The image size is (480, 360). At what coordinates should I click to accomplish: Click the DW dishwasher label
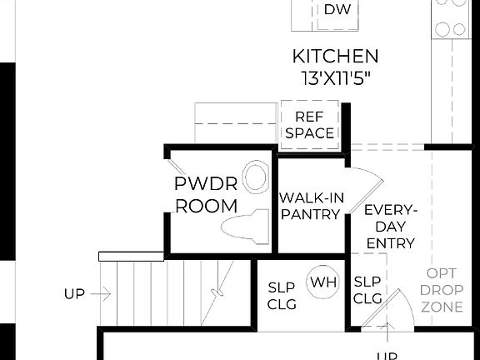click(x=337, y=10)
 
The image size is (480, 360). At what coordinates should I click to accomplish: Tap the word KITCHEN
click(x=335, y=57)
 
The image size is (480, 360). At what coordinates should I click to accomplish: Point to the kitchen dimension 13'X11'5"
click(x=335, y=78)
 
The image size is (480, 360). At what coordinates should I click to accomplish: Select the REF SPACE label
click(x=309, y=125)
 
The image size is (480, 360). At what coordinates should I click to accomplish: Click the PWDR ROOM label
click(x=206, y=195)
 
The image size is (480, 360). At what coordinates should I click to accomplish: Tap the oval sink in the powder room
click(x=257, y=177)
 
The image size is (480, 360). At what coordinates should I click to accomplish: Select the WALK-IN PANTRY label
click(x=310, y=206)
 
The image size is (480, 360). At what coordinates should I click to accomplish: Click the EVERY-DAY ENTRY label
click(x=390, y=226)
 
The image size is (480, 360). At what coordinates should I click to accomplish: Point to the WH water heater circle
click(x=322, y=282)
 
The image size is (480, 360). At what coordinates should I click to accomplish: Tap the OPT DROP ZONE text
click(x=442, y=290)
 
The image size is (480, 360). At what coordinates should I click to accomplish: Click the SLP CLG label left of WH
click(x=282, y=295)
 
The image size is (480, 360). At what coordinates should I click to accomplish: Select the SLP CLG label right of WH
click(x=367, y=289)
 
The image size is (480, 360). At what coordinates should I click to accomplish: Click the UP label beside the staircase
click(x=74, y=293)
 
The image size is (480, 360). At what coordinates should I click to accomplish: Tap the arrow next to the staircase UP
click(x=102, y=293)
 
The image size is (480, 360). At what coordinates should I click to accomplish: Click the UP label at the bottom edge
click(x=386, y=355)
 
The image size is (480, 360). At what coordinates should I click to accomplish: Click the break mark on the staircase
click(x=219, y=292)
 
